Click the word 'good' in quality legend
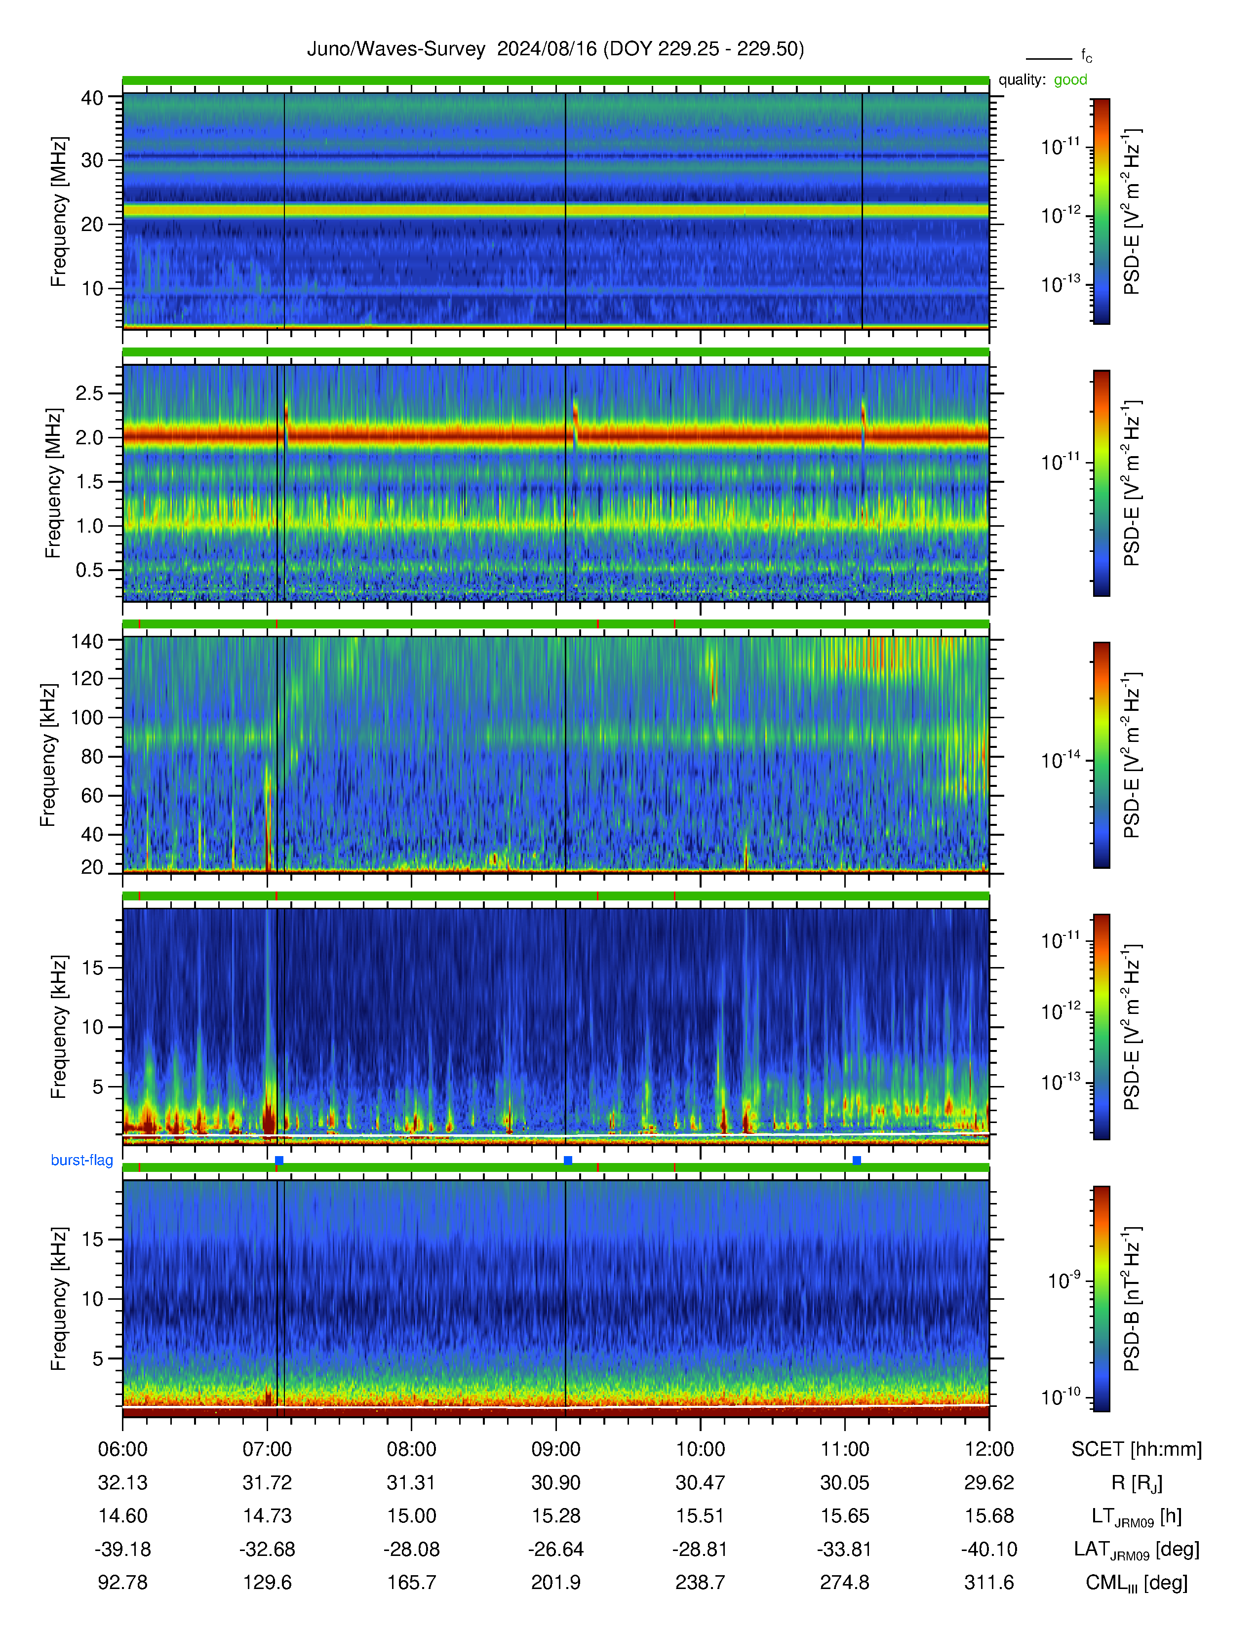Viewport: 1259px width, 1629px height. click(1070, 80)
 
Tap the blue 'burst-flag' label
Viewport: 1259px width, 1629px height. click(82, 1160)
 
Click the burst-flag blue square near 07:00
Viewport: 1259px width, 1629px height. click(279, 1161)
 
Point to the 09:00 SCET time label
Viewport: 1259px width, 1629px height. click(555, 1449)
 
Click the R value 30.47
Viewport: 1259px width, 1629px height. click(701, 1483)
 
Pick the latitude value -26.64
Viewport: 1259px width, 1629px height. click(555, 1549)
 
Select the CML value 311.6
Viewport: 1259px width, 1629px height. click(989, 1583)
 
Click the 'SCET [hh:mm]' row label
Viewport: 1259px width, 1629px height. click(1137, 1449)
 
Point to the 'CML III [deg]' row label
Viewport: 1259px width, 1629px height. click(1137, 1583)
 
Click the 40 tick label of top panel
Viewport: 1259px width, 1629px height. click(92, 98)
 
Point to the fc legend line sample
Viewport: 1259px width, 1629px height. click(1049, 58)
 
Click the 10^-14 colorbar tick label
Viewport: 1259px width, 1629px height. click(1061, 759)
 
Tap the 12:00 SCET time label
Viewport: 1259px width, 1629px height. click(989, 1449)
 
